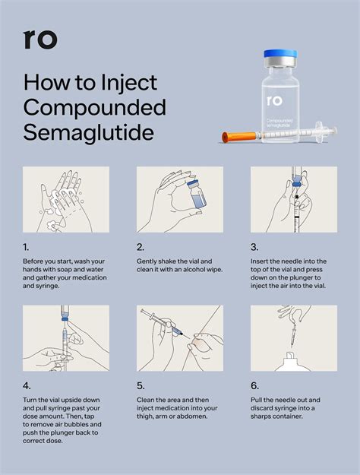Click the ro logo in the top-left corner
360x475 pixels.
tap(40, 39)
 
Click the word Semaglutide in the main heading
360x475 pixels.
tap(89, 132)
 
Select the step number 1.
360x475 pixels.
tap(27, 247)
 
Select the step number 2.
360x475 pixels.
tap(141, 247)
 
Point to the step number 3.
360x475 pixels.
tap(255, 247)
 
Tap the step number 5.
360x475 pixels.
tap(141, 385)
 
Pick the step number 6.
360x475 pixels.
tap(255, 385)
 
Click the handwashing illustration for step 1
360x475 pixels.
tap(66, 199)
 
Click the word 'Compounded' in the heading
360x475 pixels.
tap(88, 106)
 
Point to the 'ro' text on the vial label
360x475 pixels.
tap(274, 100)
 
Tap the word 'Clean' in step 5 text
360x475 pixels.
tap(148, 401)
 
